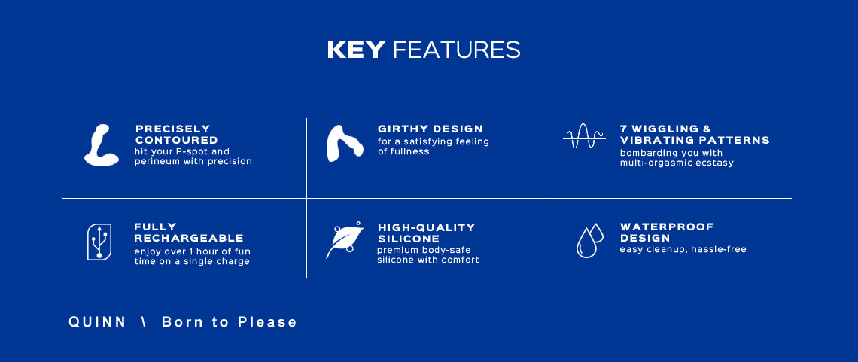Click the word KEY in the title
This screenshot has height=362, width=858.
pos(356,50)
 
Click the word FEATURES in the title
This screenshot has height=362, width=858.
pos(456,50)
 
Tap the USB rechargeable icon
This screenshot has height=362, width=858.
pos(99,242)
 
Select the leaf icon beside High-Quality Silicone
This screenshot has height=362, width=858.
pos(345,240)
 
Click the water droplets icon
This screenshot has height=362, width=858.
pos(589,240)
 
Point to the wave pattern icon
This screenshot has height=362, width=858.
pos(584,136)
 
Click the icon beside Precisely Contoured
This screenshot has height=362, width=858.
pos(102,145)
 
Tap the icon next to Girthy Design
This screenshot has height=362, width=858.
pos(345,143)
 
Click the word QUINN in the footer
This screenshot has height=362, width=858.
pos(97,322)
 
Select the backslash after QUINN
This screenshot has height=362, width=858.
pos(144,322)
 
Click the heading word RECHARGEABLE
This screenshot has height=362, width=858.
pos(189,238)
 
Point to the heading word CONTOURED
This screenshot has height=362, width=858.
pos(177,140)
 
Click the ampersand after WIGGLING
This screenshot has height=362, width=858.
pos(706,129)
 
